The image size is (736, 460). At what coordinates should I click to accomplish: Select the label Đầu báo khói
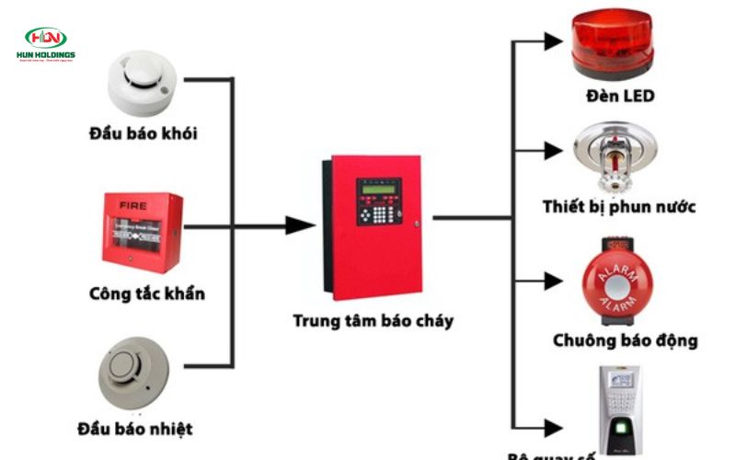(144, 134)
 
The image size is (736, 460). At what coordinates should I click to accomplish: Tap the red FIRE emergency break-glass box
(142, 232)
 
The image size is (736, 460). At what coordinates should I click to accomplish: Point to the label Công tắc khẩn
(147, 293)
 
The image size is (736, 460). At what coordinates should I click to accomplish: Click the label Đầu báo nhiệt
(135, 429)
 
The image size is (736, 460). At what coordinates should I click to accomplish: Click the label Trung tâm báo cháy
(373, 321)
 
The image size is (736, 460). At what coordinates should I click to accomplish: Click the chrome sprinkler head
(615, 156)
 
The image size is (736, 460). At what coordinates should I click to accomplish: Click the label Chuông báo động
(625, 340)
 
